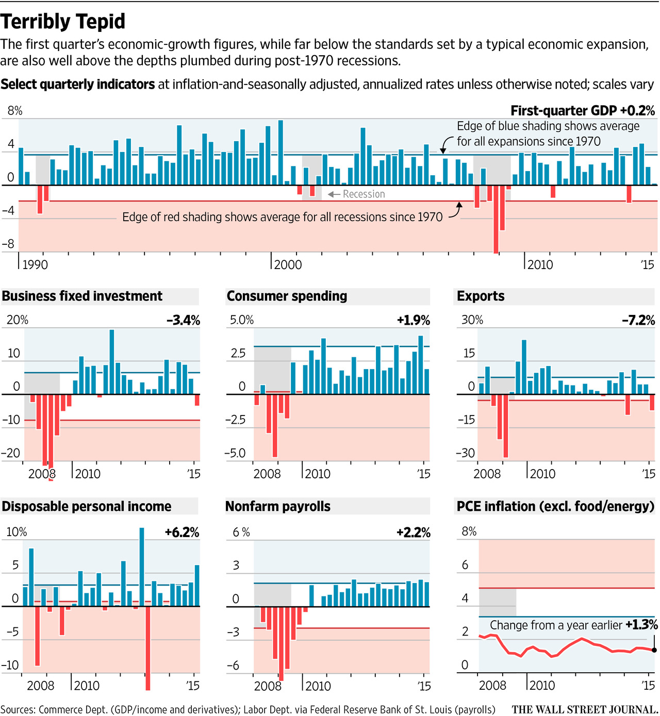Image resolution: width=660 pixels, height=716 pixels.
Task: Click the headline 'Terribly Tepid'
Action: coord(63,22)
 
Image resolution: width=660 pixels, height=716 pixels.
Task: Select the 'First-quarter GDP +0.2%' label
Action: coord(583,111)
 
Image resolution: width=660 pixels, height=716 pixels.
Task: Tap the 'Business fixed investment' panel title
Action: coord(82,296)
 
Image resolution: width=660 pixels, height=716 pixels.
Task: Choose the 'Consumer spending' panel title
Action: coord(287,296)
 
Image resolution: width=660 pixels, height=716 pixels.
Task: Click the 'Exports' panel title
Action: coord(481,296)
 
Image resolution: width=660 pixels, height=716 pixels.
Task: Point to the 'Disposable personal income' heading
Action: coord(87,506)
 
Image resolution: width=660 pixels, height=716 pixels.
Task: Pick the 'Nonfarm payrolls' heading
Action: coord(278,506)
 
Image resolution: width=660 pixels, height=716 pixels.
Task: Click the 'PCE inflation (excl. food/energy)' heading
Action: coord(555,506)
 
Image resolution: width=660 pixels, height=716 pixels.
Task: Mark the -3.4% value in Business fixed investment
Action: coord(183,320)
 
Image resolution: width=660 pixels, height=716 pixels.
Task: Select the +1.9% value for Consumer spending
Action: coord(413,320)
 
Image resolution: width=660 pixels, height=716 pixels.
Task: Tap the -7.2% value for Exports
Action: coord(638,320)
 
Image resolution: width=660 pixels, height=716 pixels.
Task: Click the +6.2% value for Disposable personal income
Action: coord(182,532)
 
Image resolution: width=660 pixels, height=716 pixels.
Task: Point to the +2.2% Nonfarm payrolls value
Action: coord(413,532)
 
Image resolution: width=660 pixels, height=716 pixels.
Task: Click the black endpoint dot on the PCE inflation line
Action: coord(654,650)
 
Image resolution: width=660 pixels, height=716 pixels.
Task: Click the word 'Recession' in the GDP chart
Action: coord(364,194)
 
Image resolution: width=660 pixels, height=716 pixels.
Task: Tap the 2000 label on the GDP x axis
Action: coord(288,265)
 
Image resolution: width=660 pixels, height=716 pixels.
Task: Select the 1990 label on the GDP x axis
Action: coord(35,265)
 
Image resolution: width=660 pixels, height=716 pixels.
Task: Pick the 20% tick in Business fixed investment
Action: coord(18,320)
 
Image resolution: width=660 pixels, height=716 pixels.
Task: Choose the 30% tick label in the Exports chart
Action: coord(472,320)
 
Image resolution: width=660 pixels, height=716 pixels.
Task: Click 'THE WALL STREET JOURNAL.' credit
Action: coord(585,710)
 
